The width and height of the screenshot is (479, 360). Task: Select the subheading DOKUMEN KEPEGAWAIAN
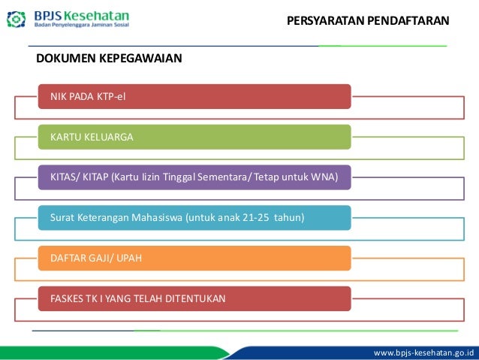pyautogui.click(x=109, y=58)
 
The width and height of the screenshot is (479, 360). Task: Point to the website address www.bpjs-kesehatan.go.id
pyautogui.click(x=427, y=352)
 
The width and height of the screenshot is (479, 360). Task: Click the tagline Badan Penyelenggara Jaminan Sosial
pyautogui.click(x=81, y=26)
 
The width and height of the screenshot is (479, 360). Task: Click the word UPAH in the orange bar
pyautogui.click(x=128, y=258)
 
